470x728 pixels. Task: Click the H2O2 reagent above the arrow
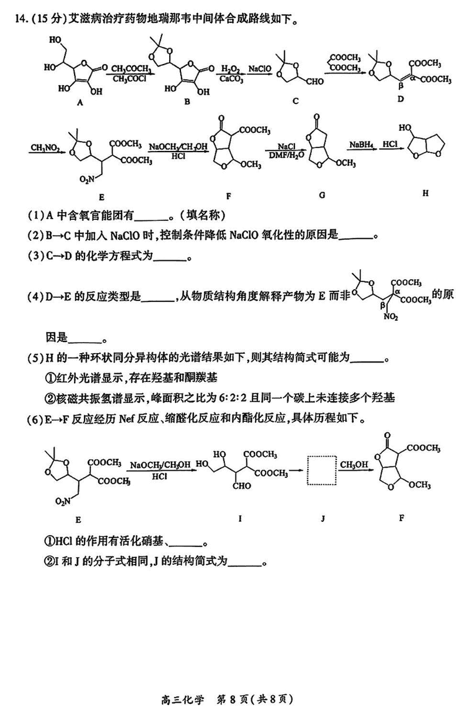click(x=227, y=69)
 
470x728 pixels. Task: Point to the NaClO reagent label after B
click(x=258, y=69)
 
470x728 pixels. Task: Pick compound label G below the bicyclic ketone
click(x=321, y=194)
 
